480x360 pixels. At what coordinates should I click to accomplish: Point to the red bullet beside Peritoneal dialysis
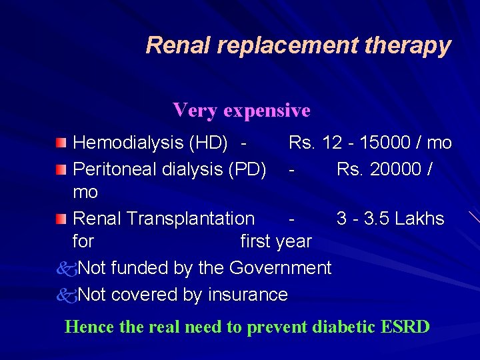[x=61, y=170]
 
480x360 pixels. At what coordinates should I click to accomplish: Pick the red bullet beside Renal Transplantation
[x=61, y=219]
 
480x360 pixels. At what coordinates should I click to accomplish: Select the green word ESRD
[x=405, y=327]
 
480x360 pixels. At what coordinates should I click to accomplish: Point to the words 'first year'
[x=276, y=241]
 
